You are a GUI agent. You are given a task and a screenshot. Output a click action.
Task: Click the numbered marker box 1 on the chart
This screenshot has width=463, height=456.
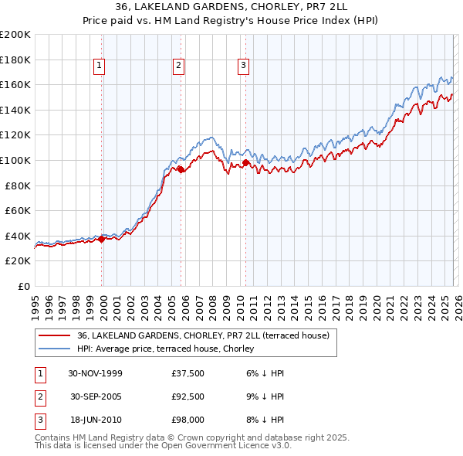click(x=100, y=66)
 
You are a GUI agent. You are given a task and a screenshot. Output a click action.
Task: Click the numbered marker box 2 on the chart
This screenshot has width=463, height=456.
click(x=178, y=66)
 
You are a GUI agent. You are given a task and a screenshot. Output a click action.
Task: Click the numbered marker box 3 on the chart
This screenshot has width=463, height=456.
click(x=243, y=66)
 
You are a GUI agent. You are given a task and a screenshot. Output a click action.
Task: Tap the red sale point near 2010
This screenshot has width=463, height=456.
click(x=245, y=163)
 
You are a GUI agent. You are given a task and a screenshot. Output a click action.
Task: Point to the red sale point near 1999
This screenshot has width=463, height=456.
click(x=102, y=239)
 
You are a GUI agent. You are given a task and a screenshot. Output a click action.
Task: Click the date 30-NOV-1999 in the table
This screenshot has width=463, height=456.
click(x=95, y=373)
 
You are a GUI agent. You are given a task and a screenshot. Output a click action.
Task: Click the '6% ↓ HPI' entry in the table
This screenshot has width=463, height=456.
click(x=264, y=373)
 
